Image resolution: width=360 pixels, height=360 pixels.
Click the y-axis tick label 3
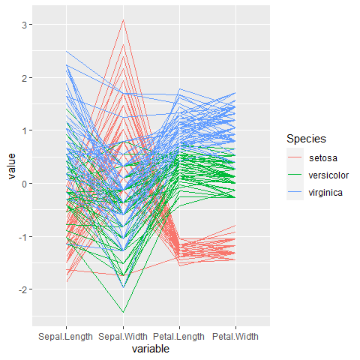(x=24, y=25)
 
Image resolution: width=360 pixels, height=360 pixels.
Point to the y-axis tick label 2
(x=24, y=78)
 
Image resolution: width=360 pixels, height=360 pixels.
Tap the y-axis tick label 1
(x=24, y=130)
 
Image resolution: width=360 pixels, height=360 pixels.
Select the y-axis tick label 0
(x=24, y=184)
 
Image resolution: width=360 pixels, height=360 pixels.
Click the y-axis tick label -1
(x=22, y=237)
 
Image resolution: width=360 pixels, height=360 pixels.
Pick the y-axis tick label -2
(x=22, y=289)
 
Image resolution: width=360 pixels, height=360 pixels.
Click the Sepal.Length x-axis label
(x=65, y=337)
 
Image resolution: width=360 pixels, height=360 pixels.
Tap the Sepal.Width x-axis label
(x=123, y=337)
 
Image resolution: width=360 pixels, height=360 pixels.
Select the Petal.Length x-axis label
(x=178, y=337)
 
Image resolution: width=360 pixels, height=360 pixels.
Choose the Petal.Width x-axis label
(x=235, y=337)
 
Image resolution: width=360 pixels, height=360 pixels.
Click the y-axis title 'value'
(x=12, y=166)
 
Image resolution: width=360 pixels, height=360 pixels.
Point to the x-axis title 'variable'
(x=151, y=349)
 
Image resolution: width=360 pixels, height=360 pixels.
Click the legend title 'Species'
(x=306, y=139)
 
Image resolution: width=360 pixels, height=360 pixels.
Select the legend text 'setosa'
(x=323, y=158)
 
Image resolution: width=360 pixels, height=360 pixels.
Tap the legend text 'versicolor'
(x=328, y=175)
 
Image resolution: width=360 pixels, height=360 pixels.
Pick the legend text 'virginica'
(x=325, y=193)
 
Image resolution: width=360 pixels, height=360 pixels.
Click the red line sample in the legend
(x=295, y=157)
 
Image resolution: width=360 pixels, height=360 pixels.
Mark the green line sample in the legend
(x=295, y=174)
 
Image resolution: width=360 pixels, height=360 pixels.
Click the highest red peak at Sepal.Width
(x=123, y=19)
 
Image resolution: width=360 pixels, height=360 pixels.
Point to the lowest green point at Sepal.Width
(x=123, y=313)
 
